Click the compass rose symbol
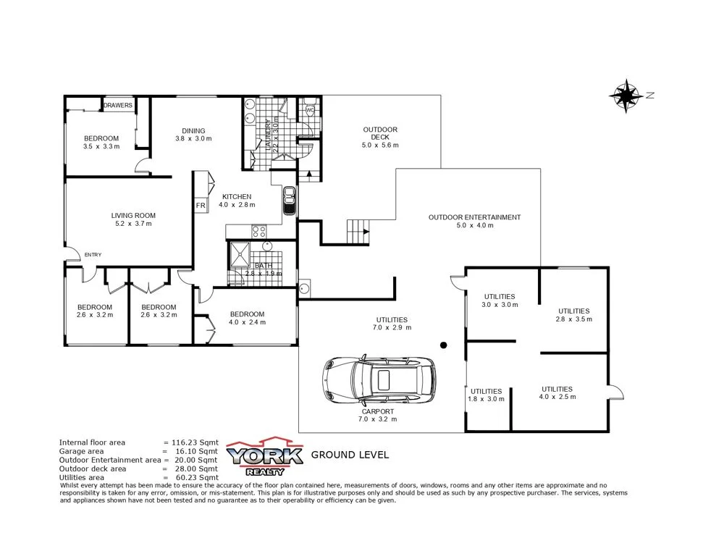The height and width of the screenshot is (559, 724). pyautogui.click(x=626, y=96)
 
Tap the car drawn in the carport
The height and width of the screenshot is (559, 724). pyautogui.click(x=379, y=380)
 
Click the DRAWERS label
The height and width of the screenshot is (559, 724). pyautogui.click(x=118, y=106)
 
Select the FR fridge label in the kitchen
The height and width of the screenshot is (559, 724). pyautogui.click(x=201, y=206)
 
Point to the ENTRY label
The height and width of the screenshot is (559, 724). pyautogui.click(x=93, y=254)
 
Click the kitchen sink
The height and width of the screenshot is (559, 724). pyautogui.click(x=289, y=201)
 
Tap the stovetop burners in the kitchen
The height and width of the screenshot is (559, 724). pyautogui.click(x=258, y=232)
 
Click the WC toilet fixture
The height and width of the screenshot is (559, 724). pyautogui.click(x=309, y=111)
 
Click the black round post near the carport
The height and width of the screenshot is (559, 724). pyautogui.click(x=444, y=345)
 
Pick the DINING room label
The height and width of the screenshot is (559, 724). pyautogui.click(x=193, y=131)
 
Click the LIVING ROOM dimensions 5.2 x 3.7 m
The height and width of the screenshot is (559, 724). pyautogui.click(x=133, y=224)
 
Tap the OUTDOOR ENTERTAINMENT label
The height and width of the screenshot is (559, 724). pyautogui.click(x=474, y=217)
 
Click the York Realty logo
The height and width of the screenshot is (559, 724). pyautogui.click(x=264, y=455)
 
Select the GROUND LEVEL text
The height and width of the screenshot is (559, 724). pyautogui.click(x=350, y=455)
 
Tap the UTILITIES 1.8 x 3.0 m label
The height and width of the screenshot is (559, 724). pyautogui.click(x=485, y=395)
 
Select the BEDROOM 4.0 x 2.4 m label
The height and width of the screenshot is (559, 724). pyautogui.click(x=247, y=318)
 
